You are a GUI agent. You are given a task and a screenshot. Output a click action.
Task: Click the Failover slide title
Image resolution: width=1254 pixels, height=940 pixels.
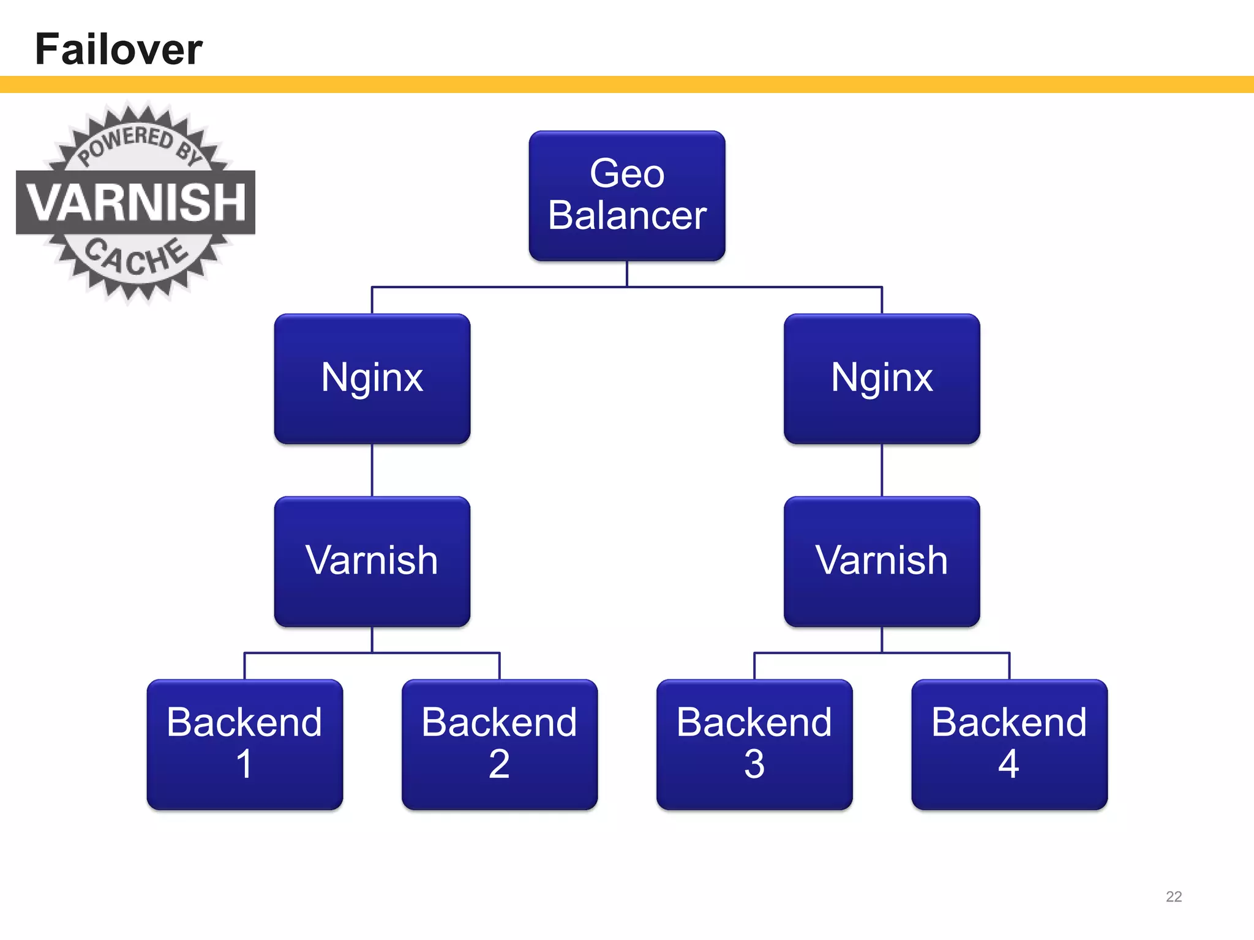pos(119,49)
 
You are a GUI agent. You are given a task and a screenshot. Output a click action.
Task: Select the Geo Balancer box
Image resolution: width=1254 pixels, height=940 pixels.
pos(626,196)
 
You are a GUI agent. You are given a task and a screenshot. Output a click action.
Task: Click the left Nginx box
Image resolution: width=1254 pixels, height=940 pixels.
pos(372,379)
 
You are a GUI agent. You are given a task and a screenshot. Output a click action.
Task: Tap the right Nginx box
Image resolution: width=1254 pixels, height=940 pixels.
pos(882,379)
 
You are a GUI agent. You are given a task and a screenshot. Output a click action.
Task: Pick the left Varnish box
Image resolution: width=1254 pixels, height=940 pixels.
pos(372,561)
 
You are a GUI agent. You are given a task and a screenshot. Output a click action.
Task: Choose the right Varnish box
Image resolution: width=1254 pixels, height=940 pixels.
pos(882,561)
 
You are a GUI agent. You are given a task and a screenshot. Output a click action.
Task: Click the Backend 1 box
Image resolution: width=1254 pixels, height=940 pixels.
pos(244,744)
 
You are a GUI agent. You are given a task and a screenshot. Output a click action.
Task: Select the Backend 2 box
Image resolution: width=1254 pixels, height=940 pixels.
pos(499,744)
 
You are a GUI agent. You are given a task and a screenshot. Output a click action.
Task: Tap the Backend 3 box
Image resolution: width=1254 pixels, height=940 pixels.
pos(754,744)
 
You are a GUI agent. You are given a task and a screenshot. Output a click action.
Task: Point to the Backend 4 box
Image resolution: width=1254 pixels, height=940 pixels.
pos(1009,744)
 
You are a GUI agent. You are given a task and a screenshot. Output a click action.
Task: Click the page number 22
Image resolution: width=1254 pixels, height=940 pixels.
pos(1173,897)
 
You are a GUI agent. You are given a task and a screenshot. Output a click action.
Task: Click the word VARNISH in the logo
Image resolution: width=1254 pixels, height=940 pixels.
pos(136,202)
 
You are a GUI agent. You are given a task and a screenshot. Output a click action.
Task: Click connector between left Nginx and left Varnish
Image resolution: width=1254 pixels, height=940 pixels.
pos(372,470)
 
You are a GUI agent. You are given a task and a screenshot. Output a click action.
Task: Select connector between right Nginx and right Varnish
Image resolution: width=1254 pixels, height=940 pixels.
pos(882,470)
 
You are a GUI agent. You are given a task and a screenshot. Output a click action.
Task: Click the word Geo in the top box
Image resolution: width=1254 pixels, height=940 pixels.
pos(626,173)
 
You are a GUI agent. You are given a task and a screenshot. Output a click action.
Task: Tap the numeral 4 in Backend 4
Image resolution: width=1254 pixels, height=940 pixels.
pos(1008,764)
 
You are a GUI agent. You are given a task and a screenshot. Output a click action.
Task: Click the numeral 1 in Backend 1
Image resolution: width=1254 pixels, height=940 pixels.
pos(244,764)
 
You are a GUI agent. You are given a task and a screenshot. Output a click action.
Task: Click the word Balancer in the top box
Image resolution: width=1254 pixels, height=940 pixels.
pos(626,215)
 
